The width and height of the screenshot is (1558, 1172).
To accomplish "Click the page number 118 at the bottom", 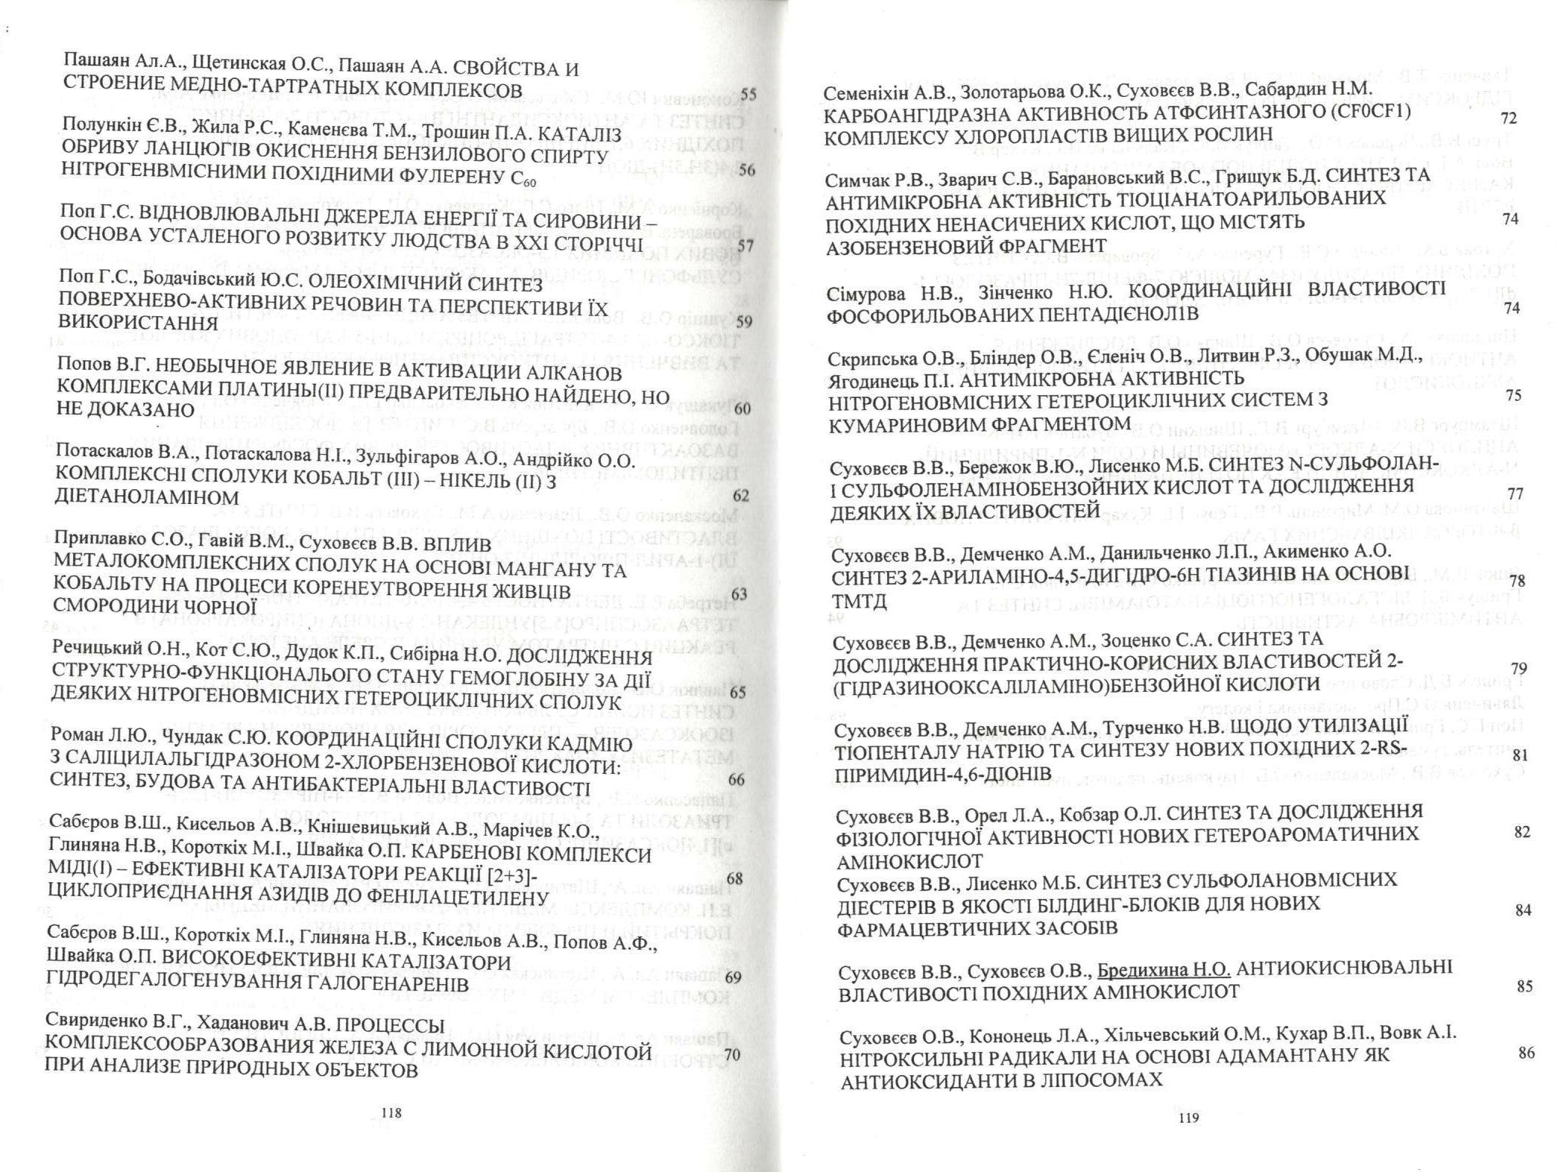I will tap(391, 1113).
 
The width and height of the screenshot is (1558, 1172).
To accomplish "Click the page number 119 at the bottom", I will tap(1188, 1118).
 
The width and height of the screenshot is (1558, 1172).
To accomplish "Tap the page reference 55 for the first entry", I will tap(748, 95).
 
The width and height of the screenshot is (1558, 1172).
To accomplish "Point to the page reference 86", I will tap(1526, 1053).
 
